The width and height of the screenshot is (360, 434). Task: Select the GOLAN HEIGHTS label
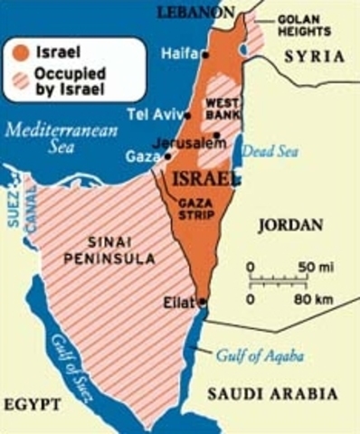(x=304, y=24)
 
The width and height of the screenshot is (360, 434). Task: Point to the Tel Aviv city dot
(x=187, y=116)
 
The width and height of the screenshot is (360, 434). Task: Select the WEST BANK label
(x=222, y=108)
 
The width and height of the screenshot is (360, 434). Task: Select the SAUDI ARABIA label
(x=272, y=394)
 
